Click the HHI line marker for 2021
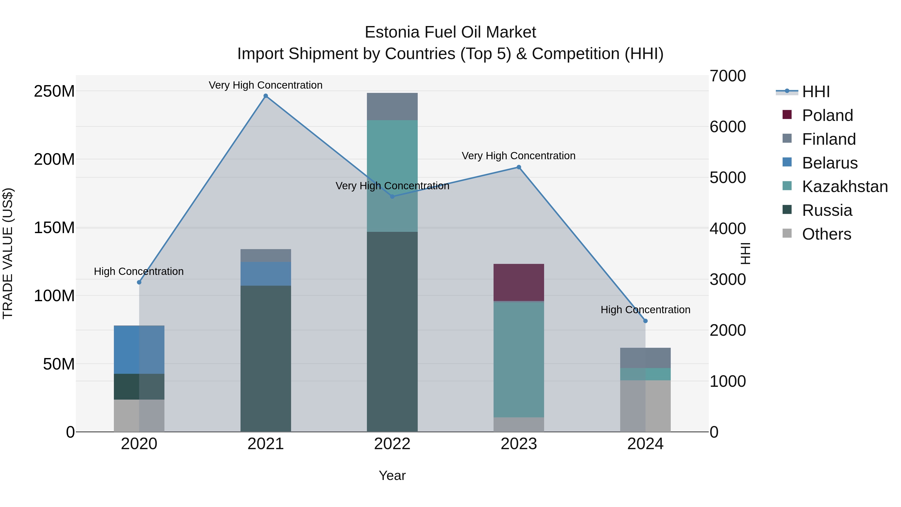click(x=266, y=96)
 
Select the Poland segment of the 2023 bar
click(x=519, y=282)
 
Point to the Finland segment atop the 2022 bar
click(x=392, y=106)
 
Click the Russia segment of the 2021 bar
click(x=266, y=358)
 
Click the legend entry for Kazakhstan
click(x=844, y=187)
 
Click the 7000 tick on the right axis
click(x=728, y=76)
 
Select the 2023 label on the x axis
click(x=519, y=444)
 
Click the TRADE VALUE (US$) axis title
click(x=8, y=253)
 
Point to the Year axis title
click(x=392, y=475)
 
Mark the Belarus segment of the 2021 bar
click(x=266, y=274)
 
